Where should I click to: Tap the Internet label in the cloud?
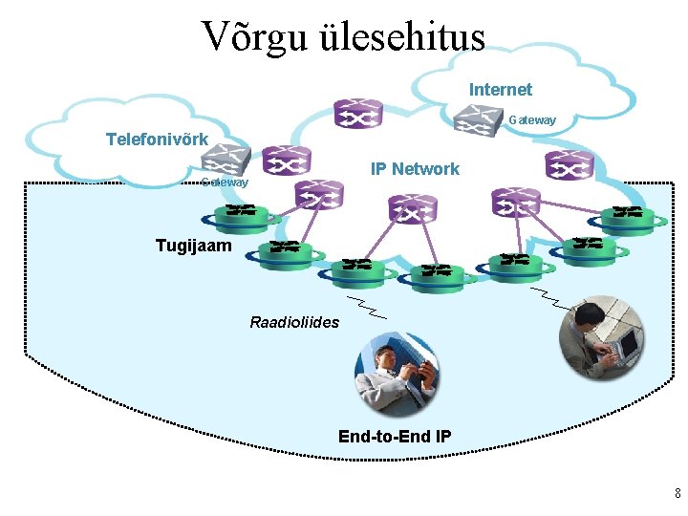[x=500, y=90]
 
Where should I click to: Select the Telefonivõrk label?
[x=157, y=140]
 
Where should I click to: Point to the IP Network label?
[x=415, y=169]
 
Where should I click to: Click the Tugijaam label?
[x=193, y=246]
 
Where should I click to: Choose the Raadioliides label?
[x=294, y=322]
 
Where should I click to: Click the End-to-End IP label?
[x=395, y=437]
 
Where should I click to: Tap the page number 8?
[x=677, y=494]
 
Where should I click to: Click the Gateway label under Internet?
[x=532, y=120]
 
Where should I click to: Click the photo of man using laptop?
[x=603, y=338]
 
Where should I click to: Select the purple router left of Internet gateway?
[x=357, y=113]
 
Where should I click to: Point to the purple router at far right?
[x=570, y=165]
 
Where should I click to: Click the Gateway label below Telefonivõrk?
[x=226, y=182]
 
